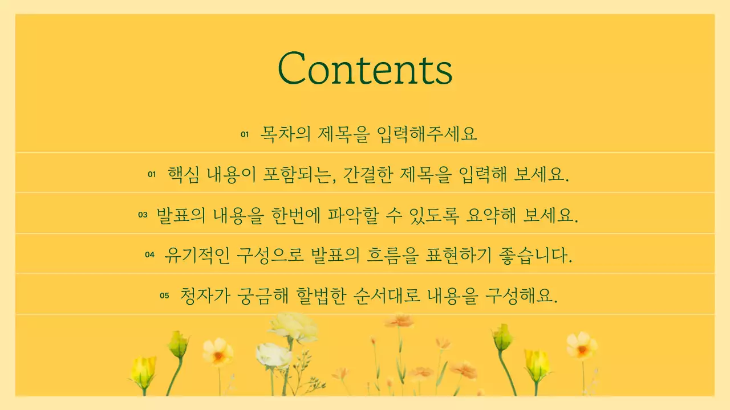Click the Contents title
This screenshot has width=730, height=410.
tap(365, 68)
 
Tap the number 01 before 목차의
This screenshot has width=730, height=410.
tap(245, 135)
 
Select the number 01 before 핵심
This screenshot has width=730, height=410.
tap(152, 175)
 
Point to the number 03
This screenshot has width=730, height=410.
tap(143, 215)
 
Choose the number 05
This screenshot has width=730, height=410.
tap(165, 296)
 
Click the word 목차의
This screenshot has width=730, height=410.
tap(286, 134)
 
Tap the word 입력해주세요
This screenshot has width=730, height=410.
tap(427, 134)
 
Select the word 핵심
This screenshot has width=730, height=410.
tap(183, 174)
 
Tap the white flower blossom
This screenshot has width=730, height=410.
tap(274, 355)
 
